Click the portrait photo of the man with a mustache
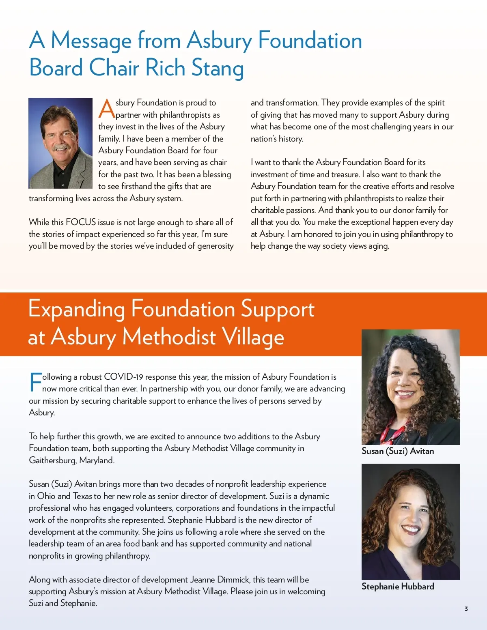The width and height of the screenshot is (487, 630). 60,143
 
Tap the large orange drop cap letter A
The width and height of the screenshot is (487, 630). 107,108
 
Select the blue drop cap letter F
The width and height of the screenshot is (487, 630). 35,382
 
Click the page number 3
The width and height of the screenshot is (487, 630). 466,608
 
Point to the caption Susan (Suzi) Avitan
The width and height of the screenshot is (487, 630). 398,451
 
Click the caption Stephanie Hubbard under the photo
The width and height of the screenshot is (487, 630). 398,587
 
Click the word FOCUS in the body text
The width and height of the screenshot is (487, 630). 81,222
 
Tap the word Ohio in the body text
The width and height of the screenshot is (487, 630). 46,496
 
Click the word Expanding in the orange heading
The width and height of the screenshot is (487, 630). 76,310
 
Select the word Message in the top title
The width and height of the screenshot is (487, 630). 91,41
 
